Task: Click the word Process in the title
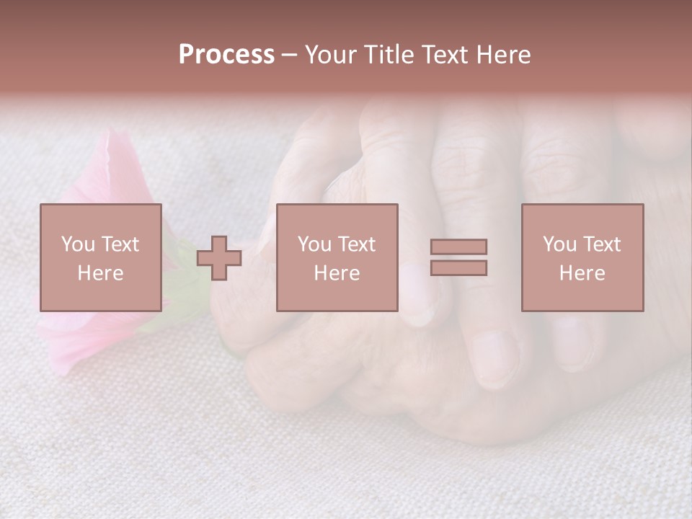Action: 226,55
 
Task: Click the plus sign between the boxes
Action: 219,258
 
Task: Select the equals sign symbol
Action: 458,257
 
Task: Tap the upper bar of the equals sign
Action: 458,247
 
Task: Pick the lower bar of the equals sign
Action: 458,268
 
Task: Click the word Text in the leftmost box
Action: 120,244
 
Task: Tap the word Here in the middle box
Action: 337,273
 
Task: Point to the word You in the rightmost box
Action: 559,244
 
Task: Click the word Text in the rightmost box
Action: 602,244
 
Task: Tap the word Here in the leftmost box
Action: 101,273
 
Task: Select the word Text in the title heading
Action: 445,55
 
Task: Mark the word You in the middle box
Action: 314,244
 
